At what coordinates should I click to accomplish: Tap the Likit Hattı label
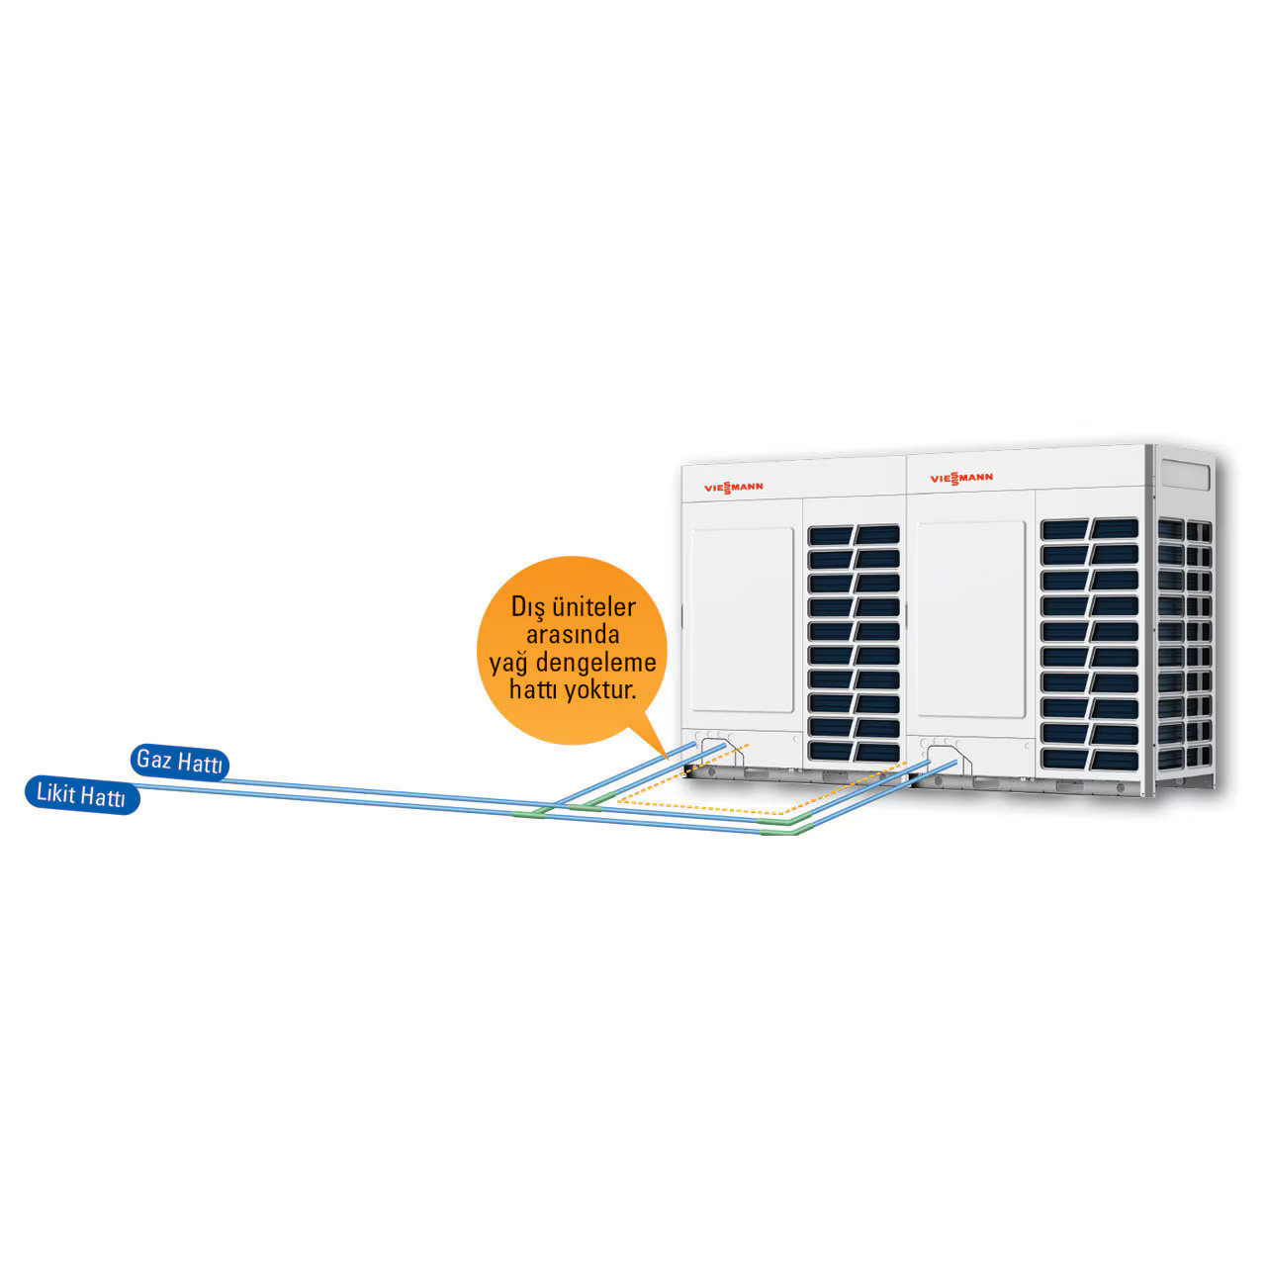[x=81, y=796]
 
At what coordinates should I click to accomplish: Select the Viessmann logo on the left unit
[x=733, y=487]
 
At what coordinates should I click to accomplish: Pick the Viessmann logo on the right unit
[x=961, y=479]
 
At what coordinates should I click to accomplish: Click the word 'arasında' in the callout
[x=574, y=635]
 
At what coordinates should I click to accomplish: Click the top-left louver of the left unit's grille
[x=831, y=535]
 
